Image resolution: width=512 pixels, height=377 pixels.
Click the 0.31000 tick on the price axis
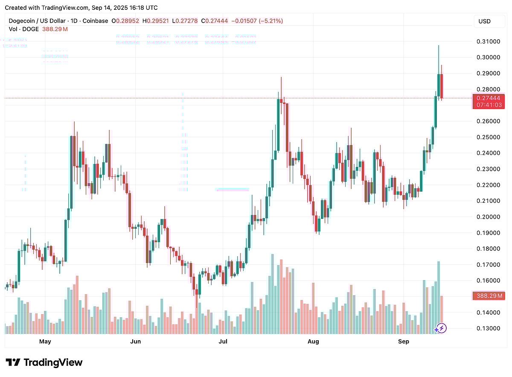(x=488, y=41)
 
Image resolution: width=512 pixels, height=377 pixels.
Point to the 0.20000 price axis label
(x=488, y=217)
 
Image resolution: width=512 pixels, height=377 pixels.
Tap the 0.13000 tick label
(x=488, y=328)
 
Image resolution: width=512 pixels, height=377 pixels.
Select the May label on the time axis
(x=45, y=341)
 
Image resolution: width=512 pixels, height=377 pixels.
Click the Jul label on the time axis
(x=223, y=341)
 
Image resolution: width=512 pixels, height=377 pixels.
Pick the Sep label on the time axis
(x=403, y=341)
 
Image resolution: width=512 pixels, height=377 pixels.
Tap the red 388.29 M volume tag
(x=489, y=295)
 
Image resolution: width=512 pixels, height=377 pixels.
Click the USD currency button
(x=484, y=21)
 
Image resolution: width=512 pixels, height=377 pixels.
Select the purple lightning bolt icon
(x=441, y=328)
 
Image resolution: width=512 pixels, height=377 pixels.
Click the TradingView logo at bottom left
(x=44, y=362)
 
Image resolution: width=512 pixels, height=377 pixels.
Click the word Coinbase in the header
(x=95, y=21)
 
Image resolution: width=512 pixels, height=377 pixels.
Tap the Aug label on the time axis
(x=313, y=341)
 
